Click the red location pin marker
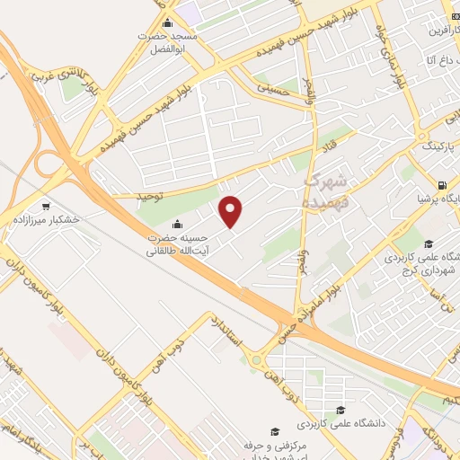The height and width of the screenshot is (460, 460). (232, 210)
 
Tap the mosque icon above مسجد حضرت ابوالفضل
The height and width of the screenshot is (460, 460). (166, 23)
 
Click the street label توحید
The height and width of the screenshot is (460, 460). (146, 194)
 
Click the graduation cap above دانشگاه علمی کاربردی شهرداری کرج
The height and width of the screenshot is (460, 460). (429, 243)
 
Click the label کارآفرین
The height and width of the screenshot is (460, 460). (438, 30)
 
